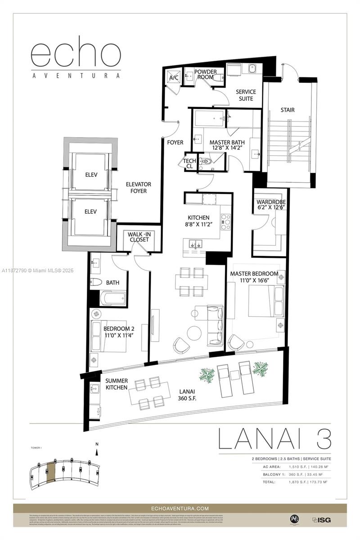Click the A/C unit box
(x=173, y=78)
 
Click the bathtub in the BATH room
(x=112, y=297)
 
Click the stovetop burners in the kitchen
(x=225, y=221)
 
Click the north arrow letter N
(x=96, y=445)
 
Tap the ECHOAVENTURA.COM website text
(x=180, y=508)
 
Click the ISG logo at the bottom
(x=321, y=519)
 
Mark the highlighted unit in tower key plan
(x=51, y=472)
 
